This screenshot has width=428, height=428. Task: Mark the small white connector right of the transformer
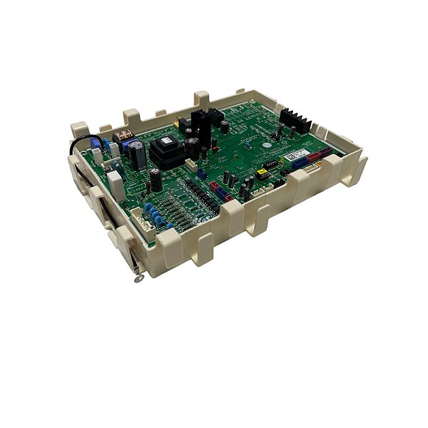(x=192, y=165)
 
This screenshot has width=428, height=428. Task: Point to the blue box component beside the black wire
(x=95, y=153)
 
